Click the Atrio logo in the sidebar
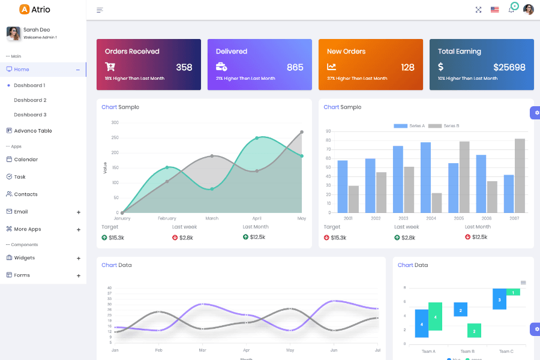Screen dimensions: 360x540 35,10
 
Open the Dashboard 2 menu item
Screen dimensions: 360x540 30,100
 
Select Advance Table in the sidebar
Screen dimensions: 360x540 33,131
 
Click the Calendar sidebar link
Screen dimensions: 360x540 26,160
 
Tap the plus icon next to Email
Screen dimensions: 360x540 79,212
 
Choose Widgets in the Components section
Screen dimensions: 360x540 25,258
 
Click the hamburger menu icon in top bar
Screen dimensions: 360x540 100,10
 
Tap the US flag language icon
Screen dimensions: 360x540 494,10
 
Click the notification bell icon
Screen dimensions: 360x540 511,10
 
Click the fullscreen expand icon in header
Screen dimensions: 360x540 478,10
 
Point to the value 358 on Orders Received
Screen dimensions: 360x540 184,67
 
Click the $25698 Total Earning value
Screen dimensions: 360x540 509,67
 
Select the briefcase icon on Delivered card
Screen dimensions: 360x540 221,67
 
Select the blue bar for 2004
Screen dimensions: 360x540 425,177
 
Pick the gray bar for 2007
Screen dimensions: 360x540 520,175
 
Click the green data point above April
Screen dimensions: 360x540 257,138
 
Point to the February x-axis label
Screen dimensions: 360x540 167,218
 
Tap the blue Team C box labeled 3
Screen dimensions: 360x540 499,299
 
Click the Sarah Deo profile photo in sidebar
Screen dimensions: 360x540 13,34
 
